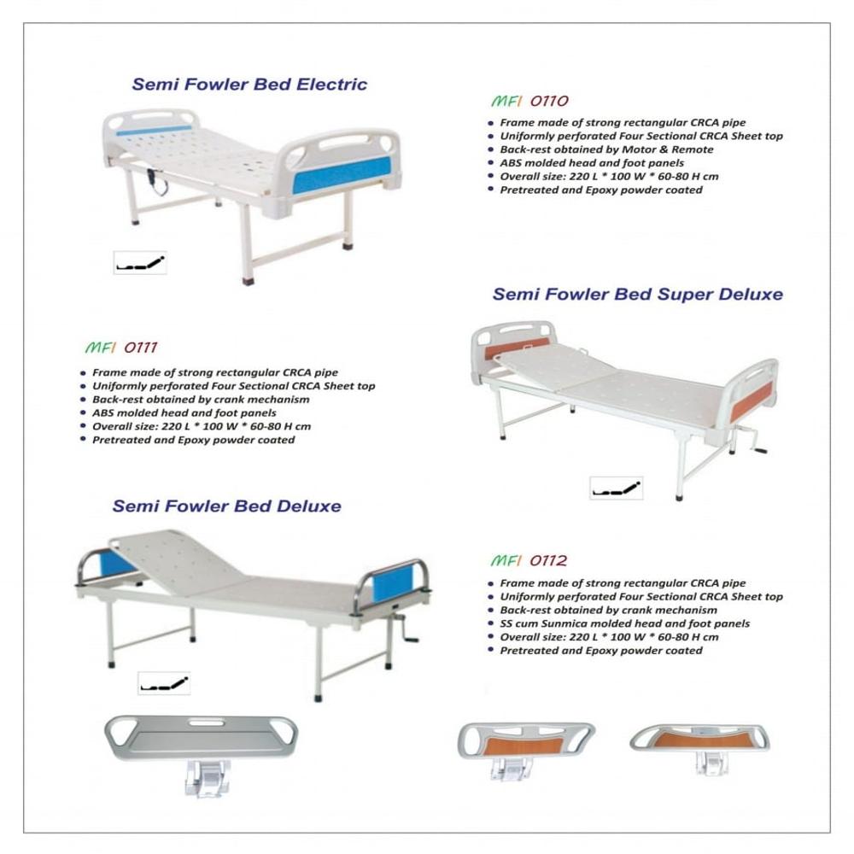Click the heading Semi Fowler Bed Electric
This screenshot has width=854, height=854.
(x=249, y=85)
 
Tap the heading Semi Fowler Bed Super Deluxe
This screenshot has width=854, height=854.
(x=637, y=295)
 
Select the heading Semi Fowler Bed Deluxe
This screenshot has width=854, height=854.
(x=227, y=506)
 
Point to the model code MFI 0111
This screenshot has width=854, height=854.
(x=121, y=348)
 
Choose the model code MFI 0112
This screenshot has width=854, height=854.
(x=529, y=561)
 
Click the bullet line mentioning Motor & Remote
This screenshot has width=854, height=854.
(x=606, y=149)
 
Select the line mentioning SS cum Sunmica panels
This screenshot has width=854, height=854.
(x=624, y=623)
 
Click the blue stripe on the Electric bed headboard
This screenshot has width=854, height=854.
(x=154, y=131)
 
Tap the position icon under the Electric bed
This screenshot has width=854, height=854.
(x=140, y=263)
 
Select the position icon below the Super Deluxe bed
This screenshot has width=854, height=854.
(x=616, y=488)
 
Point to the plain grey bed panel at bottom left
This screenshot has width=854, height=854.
(x=201, y=737)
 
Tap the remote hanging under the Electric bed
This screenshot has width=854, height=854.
(x=156, y=179)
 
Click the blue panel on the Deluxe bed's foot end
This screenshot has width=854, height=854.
(x=391, y=585)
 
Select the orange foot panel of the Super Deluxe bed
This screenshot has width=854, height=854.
(x=752, y=400)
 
